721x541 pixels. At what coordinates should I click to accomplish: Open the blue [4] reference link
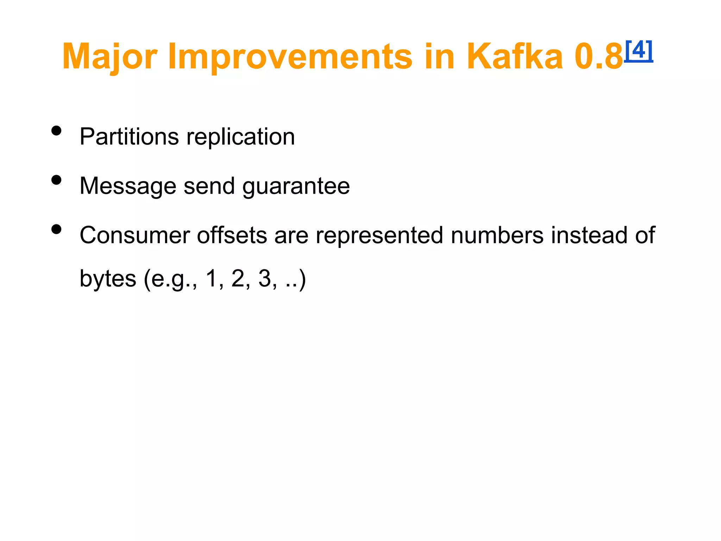tap(639, 51)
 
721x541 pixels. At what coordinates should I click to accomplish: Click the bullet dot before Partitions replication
tap(56, 131)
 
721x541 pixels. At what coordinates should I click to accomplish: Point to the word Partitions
tap(129, 137)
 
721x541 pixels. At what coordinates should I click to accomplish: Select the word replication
tap(240, 137)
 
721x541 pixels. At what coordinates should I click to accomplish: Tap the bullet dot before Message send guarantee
tap(56, 180)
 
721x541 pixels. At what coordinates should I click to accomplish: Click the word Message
tap(128, 186)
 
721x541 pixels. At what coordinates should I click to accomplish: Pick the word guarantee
tap(296, 186)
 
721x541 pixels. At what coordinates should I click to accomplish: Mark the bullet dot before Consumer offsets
tap(56, 230)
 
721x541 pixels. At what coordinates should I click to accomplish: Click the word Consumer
tap(134, 236)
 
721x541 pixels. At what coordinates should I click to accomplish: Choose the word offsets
tap(232, 236)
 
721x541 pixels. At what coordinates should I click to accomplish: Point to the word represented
tap(379, 236)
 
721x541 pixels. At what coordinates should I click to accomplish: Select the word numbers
tap(497, 236)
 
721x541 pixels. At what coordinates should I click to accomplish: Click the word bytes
tap(108, 279)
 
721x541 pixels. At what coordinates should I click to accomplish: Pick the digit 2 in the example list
tap(238, 279)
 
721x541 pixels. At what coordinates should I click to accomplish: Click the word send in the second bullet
tap(209, 186)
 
